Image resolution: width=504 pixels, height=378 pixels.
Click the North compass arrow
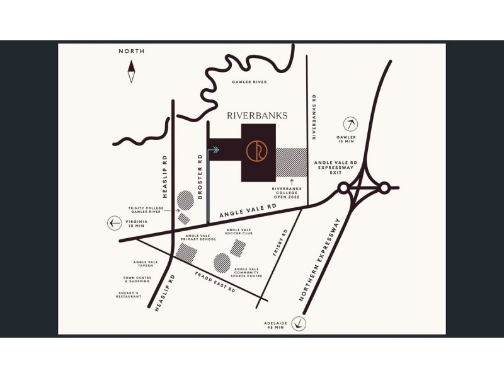coord(132,72)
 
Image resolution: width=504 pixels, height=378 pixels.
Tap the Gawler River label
coord(249,82)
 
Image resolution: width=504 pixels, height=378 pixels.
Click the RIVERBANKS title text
coord(257,115)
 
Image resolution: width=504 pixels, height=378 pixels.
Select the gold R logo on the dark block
coord(258,152)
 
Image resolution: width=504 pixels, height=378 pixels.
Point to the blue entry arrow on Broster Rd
coord(214,150)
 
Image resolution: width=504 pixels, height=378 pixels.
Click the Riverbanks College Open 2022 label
coord(290,193)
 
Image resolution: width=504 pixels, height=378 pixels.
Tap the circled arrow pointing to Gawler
coord(348,124)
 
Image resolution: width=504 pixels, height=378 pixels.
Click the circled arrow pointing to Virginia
coord(114,222)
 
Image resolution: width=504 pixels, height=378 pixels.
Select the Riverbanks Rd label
coord(314,117)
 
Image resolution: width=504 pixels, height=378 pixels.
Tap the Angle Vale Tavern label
coord(145,264)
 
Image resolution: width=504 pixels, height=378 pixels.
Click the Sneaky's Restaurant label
coord(129,294)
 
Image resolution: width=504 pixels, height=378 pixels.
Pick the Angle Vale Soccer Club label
coord(239,232)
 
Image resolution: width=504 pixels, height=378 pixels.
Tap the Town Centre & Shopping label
coord(137,279)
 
